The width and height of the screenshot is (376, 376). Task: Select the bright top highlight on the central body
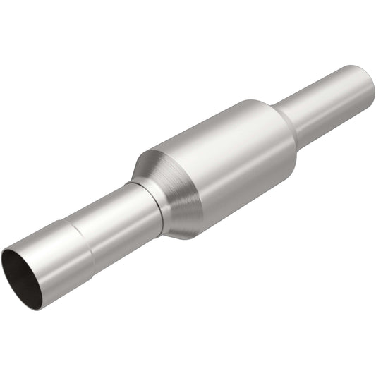(205, 131)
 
